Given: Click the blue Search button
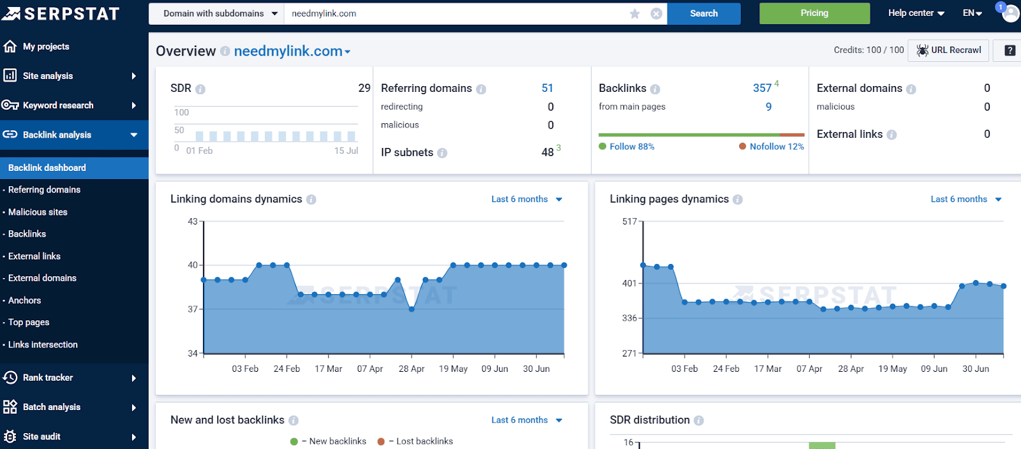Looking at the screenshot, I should pos(703,13).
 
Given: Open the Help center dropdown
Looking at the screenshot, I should pos(916,13).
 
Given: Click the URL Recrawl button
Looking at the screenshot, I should pos(949,50).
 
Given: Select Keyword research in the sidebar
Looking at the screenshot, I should pos(58,105).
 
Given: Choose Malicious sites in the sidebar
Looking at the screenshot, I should pos(38,212).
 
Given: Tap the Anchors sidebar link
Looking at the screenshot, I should pos(25,300).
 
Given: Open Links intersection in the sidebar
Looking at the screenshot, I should pos(43,344).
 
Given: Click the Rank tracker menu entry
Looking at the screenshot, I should pos(48,378).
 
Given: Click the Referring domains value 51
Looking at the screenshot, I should pos(548,88).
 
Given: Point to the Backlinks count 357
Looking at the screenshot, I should pos(762,88).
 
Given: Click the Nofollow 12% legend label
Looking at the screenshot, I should pos(776,147).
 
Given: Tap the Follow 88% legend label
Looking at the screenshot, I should pos(631,147).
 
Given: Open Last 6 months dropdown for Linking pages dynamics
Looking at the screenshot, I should pos(965,199).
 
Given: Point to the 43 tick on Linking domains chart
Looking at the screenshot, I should pos(193,221).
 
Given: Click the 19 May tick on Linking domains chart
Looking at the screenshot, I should pos(453,369).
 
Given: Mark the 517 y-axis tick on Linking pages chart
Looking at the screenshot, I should pos(629,221).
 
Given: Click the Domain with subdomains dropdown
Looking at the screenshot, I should pos(220,13).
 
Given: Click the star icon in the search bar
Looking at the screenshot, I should pos(634,13).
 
